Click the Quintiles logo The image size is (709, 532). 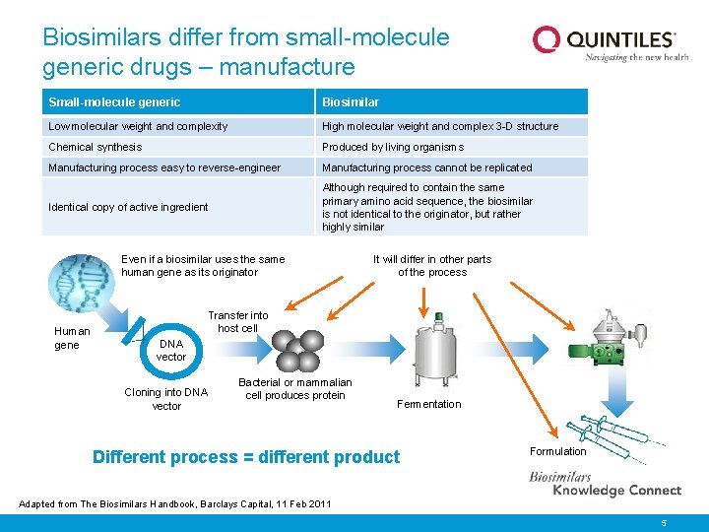(x=604, y=43)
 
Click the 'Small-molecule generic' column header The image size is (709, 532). (x=114, y=102)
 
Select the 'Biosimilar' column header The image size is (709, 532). (x=351, y=102)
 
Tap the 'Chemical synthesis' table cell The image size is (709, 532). (x=96, y=147)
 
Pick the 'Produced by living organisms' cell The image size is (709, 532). (x=393, y=147)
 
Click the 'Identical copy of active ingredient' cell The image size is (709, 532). (x=128, y=207)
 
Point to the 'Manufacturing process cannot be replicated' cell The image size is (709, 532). (x=426, y=167)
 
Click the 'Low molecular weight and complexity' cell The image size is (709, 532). (x=138, y=126)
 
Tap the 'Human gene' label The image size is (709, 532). (x=71, y=338)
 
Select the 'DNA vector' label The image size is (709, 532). (x=171, y=350)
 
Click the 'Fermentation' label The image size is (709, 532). (x=428, y=404)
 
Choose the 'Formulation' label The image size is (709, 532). (x=557, y=451)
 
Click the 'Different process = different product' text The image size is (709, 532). (x=246, y=457)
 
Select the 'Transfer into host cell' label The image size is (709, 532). (x=237, y=322)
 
